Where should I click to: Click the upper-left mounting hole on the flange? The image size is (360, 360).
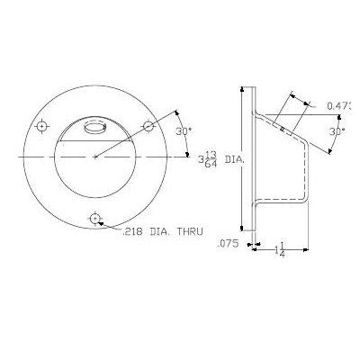click(41, 127)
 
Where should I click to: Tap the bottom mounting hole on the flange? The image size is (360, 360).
click(95, 219)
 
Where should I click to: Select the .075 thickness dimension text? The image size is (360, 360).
click(227, 244)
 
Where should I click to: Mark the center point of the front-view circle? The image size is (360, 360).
click(95, 157)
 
